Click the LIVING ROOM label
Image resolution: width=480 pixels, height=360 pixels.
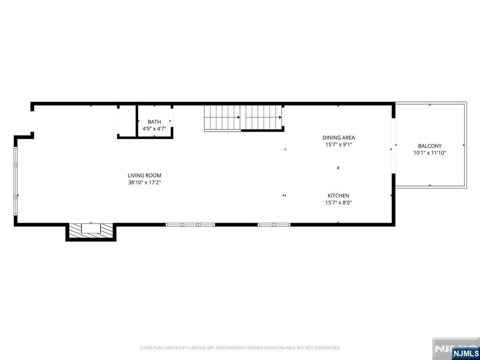click(x=144, y=175)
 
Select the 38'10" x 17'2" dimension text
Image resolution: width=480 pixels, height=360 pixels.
click(x=144, y=183)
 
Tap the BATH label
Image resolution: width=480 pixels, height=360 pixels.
click(x=154, y=122)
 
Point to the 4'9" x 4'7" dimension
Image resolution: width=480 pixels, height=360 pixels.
click(x=154, y=128)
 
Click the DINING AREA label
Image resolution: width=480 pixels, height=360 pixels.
click(x=338, y=137)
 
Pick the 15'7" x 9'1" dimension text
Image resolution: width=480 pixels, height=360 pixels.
click(x=338, y=145)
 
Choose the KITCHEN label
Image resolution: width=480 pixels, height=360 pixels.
click(x=338, y=195)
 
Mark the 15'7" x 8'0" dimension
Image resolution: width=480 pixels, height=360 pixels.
click(x=338, y=203)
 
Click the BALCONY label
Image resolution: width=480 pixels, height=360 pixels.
click(x=429, y=146)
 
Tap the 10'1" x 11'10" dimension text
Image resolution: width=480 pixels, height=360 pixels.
click(x=429, y=153)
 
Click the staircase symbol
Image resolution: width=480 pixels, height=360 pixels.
click(x=243, y=118)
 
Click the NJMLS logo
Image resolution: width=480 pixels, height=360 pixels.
click(x=465, y=353)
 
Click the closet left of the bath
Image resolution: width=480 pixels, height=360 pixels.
click(x=127, y=121)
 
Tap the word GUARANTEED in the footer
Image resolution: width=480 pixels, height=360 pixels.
click(x=327, y=348)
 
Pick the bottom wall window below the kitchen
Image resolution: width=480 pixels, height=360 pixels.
click(x=274, y=225)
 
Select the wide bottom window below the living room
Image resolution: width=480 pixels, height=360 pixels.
click(x=190, y=225)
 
